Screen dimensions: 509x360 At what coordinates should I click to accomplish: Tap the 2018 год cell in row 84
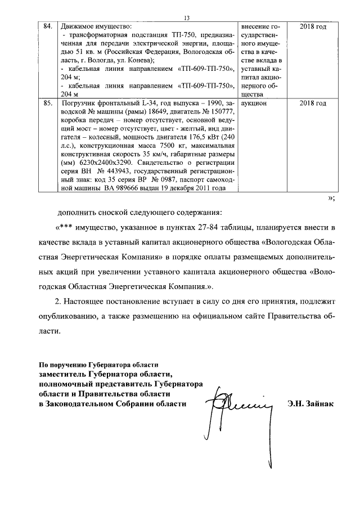click(313, 26)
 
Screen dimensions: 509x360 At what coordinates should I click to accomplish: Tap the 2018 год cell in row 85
click(313, 103)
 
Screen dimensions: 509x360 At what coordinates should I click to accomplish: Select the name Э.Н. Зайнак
click(310, 403)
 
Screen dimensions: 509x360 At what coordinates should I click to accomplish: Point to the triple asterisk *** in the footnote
click(65, 228)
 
